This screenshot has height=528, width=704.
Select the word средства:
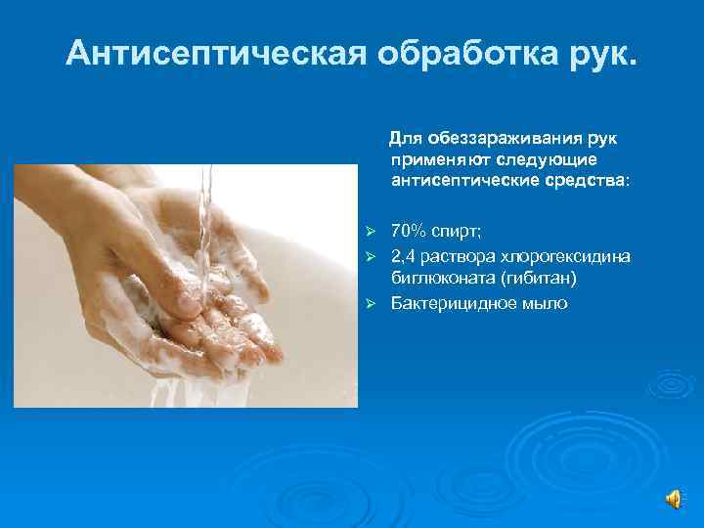[581, 180]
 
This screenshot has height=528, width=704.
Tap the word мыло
[544, 303]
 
